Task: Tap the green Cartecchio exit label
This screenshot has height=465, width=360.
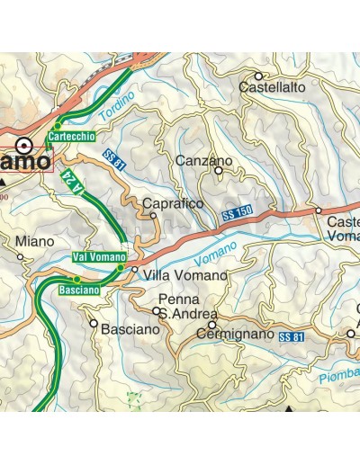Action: click(72, 136)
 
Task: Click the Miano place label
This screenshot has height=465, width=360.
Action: click(34, 241)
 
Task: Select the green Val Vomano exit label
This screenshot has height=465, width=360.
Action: click(96, 257)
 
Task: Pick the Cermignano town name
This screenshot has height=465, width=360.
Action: click(234, 335)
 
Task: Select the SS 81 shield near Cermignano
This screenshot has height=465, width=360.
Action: click(290, 336)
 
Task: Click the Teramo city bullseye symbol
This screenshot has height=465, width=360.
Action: click(28, 144)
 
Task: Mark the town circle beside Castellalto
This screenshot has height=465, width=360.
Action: click(258, 76)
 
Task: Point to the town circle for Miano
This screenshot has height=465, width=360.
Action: click(21, 256)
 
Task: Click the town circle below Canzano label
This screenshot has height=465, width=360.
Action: click(218, 171)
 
